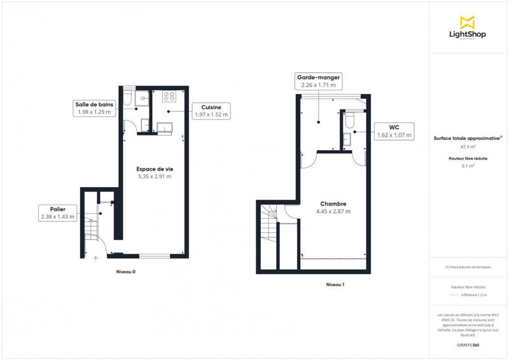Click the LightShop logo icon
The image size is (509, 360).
(x=468, y=23)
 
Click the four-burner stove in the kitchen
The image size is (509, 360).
(x=169, y=97)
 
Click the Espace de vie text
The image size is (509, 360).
(x=155, y=169)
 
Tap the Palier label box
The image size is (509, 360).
(x=57, y=212)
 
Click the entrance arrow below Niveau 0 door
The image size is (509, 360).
(x=95, y=259)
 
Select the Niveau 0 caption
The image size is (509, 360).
(x=126, y=272)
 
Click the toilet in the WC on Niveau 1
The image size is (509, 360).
(x=348, y=120)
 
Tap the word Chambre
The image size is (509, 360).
(x=333, y=204)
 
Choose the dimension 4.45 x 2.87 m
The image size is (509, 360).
(x=333, y=211)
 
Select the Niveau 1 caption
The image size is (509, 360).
(x=335, y=284)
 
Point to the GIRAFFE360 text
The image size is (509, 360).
(x=468, y=344)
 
